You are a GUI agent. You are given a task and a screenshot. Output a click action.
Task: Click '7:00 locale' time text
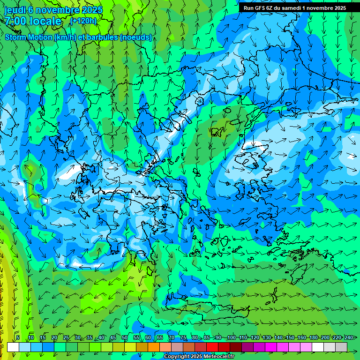click(33, 21)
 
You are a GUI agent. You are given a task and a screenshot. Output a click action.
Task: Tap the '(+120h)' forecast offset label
click(83, 21)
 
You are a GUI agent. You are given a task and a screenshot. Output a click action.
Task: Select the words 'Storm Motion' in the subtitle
click(29, 37)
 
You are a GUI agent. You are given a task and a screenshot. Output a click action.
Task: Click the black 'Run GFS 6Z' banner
click(295, 7)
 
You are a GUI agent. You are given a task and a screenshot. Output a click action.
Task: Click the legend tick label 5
click(17, 337)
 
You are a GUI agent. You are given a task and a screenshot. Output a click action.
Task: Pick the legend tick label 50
click(125, 337)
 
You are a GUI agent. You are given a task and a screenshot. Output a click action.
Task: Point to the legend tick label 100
click(231, 337)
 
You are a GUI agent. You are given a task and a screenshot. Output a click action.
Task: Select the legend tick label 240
click(349, 337)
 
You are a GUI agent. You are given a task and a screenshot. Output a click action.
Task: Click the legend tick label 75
click(183, 337)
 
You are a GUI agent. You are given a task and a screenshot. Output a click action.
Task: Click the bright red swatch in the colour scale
click(212, 347)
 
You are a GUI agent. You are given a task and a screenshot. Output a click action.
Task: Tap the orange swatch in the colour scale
click(154, 347)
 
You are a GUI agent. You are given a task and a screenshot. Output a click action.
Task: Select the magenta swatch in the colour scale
click(271, 347)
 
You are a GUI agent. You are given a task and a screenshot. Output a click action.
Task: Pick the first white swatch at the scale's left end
click(13, 347)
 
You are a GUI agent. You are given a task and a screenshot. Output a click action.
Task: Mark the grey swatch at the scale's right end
click(341, 347)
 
